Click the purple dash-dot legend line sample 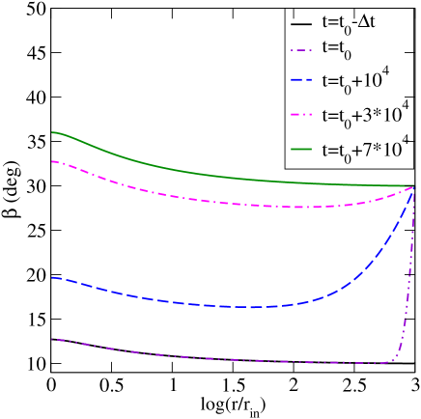pos(301,50)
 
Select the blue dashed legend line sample pos(301,80)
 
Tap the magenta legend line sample pos(301,114)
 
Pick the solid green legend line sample pos(301,149)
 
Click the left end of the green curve pos(53,132)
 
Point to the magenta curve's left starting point pos(53,161)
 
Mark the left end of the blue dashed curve pos(53,278)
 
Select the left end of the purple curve pos(53,339)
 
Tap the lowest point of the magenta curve pos(299,207)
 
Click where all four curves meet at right pos(414,187)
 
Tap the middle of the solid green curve pos(232,178)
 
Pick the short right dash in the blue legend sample pos(309,80)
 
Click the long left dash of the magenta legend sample pos(295,114)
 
